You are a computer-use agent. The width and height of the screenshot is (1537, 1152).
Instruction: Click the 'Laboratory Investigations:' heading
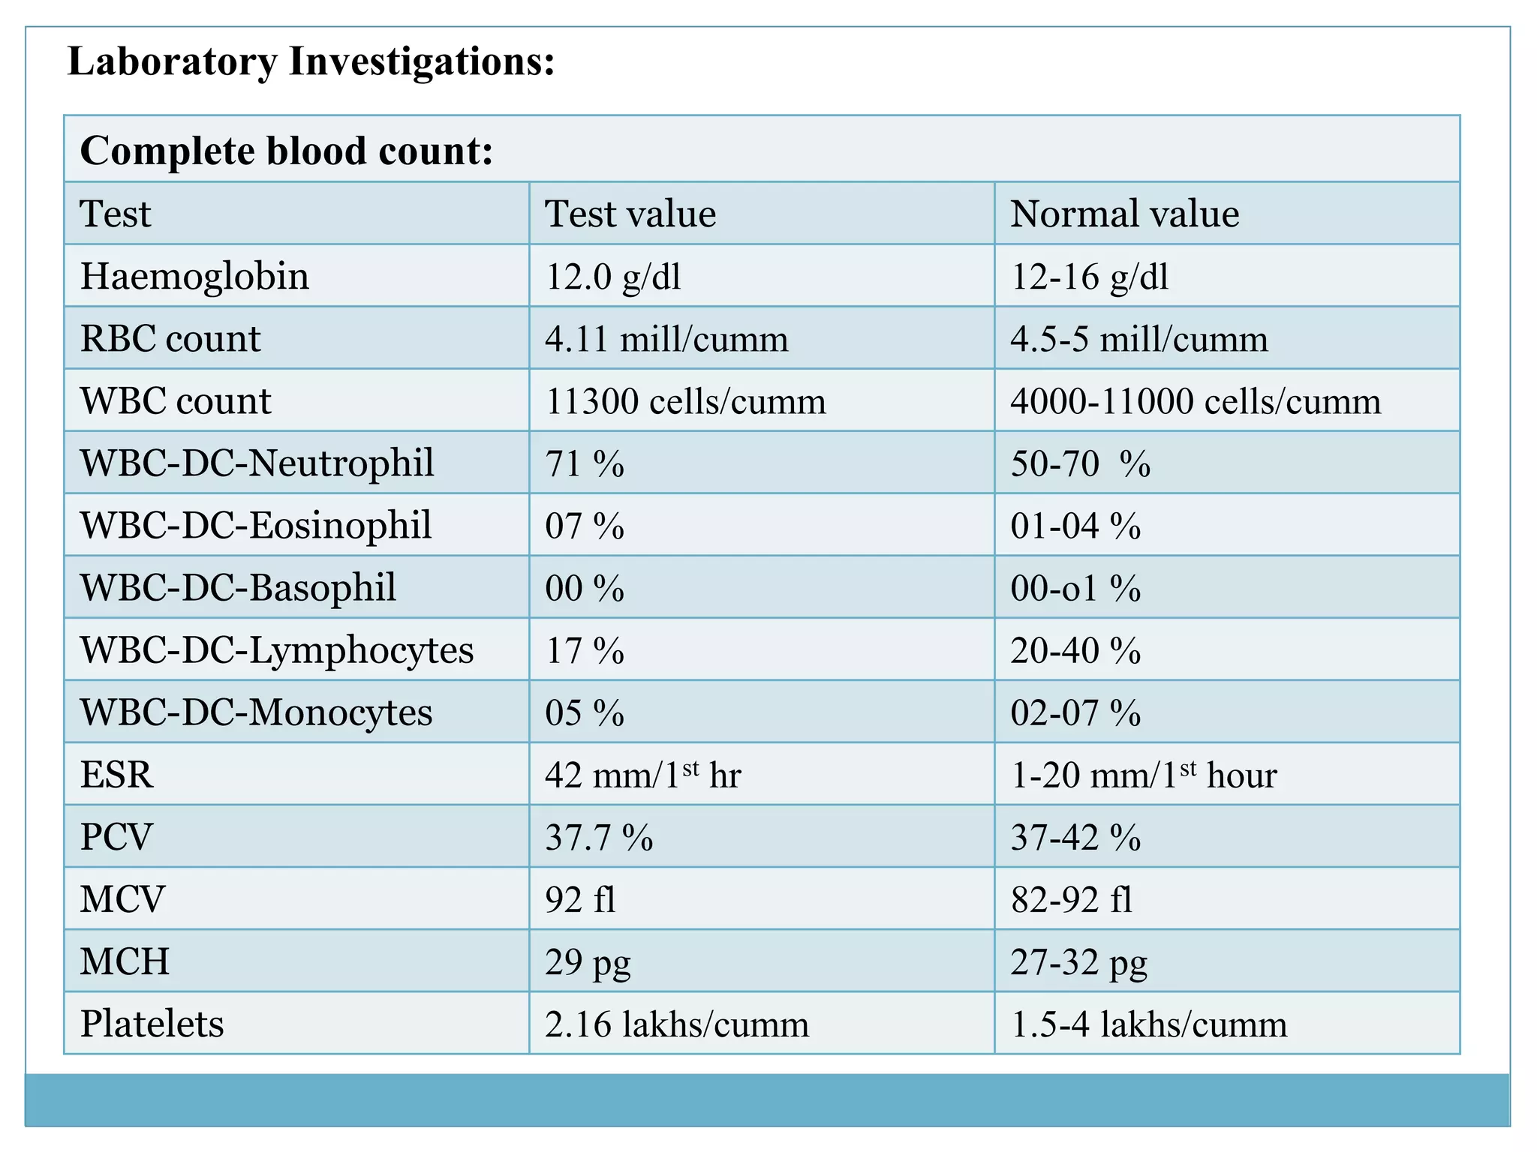tap(311, 61)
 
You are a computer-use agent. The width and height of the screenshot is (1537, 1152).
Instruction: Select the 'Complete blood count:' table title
tap(287, 151)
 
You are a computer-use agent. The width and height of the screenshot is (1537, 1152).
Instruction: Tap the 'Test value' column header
tap(630, 214)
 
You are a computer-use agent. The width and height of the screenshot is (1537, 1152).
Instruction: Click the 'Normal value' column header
tap(1123, 214)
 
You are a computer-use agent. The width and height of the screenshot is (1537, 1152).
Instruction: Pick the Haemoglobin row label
tap(194, 276)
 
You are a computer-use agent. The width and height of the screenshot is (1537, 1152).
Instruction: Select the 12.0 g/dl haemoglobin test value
tap(612, 277)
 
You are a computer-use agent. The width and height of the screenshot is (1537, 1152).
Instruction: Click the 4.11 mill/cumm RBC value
tap(666, 339)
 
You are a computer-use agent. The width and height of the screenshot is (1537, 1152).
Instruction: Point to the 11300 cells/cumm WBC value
tap(684, 401)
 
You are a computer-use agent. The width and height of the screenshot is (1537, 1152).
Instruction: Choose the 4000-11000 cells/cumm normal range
tap(1195, 401)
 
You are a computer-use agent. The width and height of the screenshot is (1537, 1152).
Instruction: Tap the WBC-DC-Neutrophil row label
tap(257, 463)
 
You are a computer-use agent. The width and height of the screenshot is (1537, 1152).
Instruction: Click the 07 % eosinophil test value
tap(584, 526)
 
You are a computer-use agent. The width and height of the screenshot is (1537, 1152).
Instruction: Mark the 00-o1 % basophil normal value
tap(1075, 588)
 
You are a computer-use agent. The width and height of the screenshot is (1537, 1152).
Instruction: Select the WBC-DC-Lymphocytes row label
tap(276, 649)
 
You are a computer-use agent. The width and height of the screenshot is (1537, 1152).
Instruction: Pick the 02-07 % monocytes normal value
tap(1075, 712)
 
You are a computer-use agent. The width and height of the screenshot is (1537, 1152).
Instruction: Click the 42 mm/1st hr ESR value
tap(642, 775)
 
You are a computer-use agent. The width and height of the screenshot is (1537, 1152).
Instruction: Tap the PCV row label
tap(116, 837)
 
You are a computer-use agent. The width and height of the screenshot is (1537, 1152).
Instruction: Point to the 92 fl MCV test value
tap(580, 899)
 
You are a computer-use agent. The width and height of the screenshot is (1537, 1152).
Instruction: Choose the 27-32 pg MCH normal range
tap(1078, 962)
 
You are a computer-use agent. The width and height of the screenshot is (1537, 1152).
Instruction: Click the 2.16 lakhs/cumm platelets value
tap(676, 1024)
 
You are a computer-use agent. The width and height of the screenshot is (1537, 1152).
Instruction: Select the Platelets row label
tap(152, 1024)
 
